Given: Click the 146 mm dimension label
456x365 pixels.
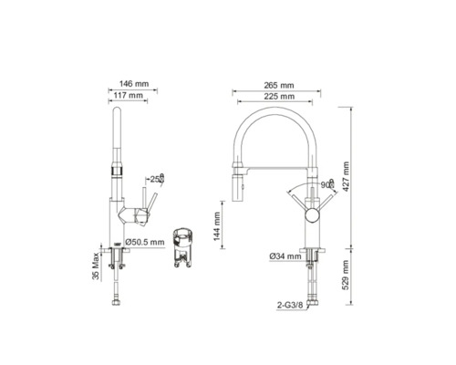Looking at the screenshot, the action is (134, 84).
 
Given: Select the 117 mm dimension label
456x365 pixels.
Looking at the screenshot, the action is (128, 95).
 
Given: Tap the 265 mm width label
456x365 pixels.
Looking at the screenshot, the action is (279, 86).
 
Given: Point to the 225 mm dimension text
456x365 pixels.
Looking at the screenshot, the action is (279, 97).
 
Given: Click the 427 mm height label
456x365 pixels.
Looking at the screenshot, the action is (346, 176).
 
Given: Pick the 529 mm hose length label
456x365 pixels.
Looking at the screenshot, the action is (346, 276).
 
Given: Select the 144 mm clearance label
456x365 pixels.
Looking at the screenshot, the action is (217, 226).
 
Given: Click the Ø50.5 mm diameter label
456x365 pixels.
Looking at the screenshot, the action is (145, 243).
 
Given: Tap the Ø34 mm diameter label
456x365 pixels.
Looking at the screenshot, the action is (285, 256).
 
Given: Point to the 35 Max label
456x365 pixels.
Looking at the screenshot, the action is (96, 266).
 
